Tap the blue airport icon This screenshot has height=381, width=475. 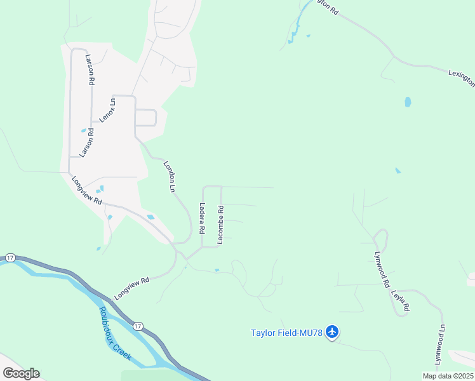pyautogui.click(x=332, y=331)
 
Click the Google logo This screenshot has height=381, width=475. pyautogui.click(x=21, y=373)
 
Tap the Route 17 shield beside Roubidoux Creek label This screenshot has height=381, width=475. pyautogui.click(x=138, y=326)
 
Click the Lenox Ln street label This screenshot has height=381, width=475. pyautogui.click(x=107, y=109)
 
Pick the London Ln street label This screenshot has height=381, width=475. pyautogui.click(x=169, y=176)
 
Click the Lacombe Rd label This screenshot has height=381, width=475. pyautogui.click(x=220, y=225)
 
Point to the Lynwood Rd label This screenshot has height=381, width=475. pyautogui.click(x=380, y=269)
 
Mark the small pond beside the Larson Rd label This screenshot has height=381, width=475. pyautogui.click(x=84, y=131)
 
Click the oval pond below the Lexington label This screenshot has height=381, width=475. pyautogui.click(x=408, y=102)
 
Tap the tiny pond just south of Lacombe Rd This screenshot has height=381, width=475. pyautogui.click(x=217, y=270)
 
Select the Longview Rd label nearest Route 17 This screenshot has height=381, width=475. pyautogui.click(x=131, y=288)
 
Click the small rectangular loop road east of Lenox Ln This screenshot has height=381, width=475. pyautogui.click(x=145, y=117)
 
